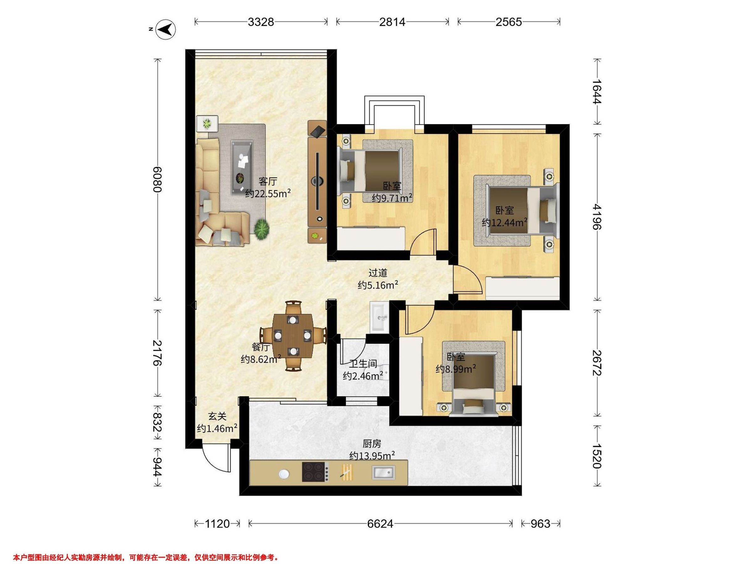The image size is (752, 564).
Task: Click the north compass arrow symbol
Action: tap(165, 30)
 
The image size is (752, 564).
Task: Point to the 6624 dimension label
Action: tap(380, 524)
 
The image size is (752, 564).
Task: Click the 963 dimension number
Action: tap(540, 524)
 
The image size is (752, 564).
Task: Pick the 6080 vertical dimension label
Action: tap(157, 180)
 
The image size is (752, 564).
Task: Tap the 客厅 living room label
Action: tap(268, 181)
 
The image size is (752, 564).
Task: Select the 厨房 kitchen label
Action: tap(372, 444)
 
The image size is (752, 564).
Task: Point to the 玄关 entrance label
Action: tap(217, 416)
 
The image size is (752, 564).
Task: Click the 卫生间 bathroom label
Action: tap(363, 364)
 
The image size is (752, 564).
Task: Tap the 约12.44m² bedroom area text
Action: tap(505, 223)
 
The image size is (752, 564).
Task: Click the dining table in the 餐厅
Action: tap(293, 336)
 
